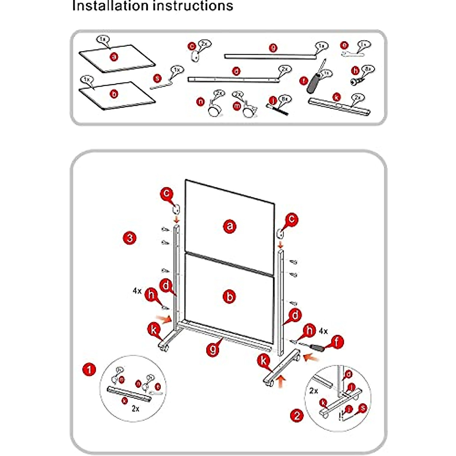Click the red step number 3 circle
coord(130,238)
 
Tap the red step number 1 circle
coord(89,369)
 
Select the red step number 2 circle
coord(297,415)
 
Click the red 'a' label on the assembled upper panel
coord(230,226)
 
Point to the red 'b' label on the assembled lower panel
coord(230,296)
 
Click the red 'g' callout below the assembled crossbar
coord(213,349)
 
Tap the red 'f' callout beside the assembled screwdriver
coord(337,342)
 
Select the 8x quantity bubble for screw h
coord(368,69)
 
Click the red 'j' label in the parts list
coord(272,101)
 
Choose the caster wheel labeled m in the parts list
coord(249,111)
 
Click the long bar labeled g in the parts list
coord(270,56)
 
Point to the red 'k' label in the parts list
coord(336,97)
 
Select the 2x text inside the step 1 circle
coord(135,409)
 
